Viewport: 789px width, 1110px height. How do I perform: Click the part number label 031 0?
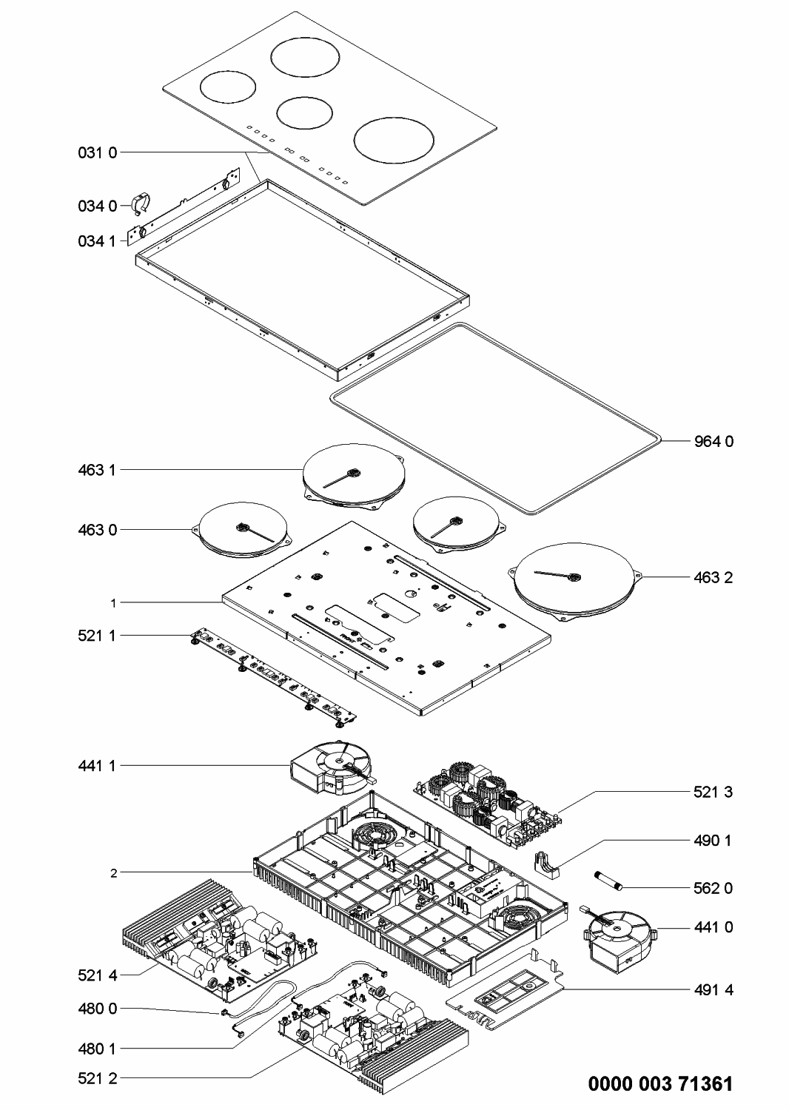tap(98, 152)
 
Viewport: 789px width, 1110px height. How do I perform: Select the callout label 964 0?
tap(714, 441)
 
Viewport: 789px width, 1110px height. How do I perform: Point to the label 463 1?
tap(97, 470)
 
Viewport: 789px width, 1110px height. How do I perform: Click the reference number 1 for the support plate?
tap(113, 603)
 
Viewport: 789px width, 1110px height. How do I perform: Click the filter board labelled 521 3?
tap(488, 806)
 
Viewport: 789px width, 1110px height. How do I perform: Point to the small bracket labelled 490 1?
tap(547, 865)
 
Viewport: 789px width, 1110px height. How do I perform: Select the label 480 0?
tap(98, 1009)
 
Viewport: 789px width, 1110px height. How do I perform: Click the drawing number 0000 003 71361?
tap(661, 1084)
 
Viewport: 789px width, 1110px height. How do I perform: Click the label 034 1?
tap(97, 241)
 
